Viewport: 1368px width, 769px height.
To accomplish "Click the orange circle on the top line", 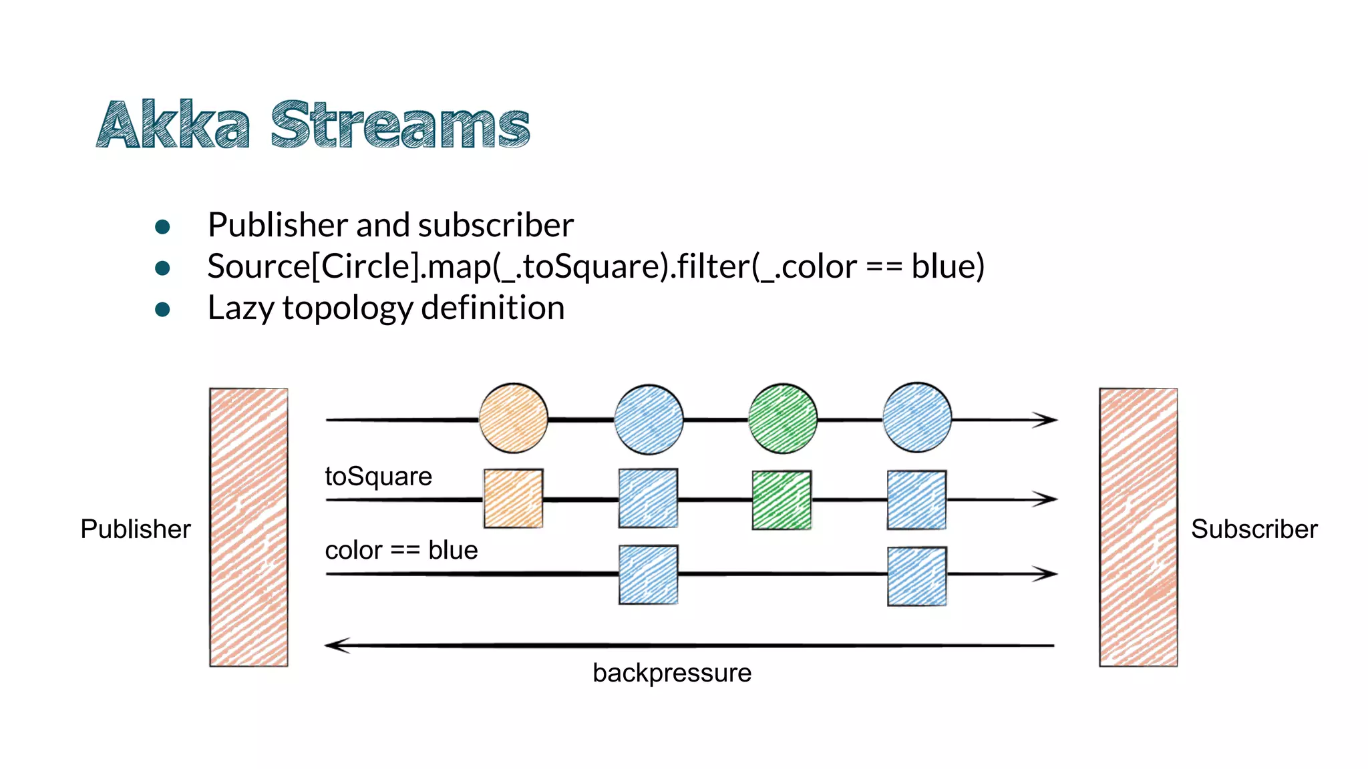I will pyautogui.click(x=513, y=419).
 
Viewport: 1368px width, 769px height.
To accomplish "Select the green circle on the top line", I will pyautogui.click(x=782, y=419).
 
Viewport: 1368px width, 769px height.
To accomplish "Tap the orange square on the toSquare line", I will pyautogui.click(x=513, y=499).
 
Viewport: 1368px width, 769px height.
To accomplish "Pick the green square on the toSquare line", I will pyautogui.click(x=782, y=500).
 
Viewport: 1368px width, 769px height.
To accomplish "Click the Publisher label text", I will pyautogui.click(x=136, y=529).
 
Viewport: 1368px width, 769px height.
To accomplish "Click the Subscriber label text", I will pyautogui.click(x=1254, y=529).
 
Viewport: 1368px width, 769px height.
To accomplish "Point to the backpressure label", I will pyautogui.click(x=671, y=673).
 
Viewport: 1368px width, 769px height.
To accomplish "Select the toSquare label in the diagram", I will pyautogui.click(x=378, y=477).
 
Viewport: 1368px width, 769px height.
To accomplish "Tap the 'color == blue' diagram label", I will pyautogui.click(x=401, y=550).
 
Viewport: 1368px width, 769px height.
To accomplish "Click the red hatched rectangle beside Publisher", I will pyautogui.click(x=248, y=527).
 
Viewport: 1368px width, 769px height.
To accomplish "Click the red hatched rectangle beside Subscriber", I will pyautogui.click(x=1138, y=527).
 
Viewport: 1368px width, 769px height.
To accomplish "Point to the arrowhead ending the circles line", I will pyautogui.click(x=1046, y=419).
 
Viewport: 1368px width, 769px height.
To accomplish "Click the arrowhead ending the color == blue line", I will pyautogui.click(x=1046, y=573).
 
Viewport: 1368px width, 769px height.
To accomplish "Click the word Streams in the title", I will pyautogui.click(x=399, y=125).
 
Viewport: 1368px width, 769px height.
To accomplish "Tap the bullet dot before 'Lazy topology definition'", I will pyautogui.click(x=162, y=309).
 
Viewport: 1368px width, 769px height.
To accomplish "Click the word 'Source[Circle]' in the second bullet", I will pyautogui.click(x=313, y=266).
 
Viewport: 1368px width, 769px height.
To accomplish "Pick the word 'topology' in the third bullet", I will pyautogui.click(x=347, y=309).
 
